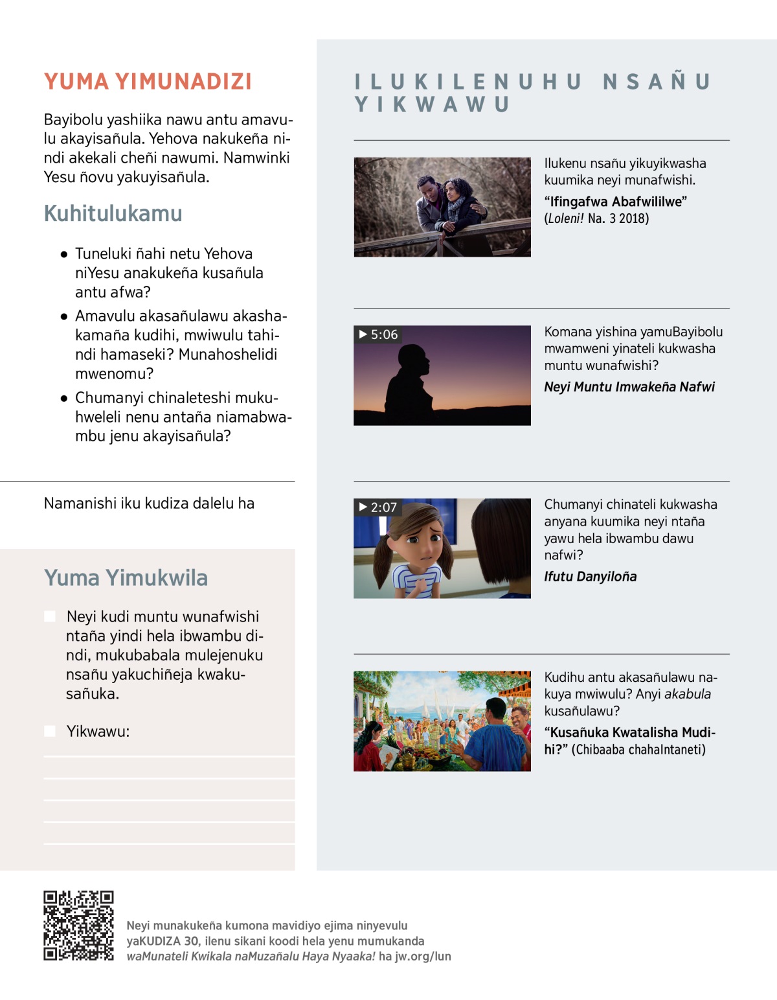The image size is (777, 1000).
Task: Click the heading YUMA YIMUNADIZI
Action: click(148, 82)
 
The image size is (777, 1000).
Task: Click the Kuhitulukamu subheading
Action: click(113, 213)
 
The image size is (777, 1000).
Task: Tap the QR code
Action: click(78, 925)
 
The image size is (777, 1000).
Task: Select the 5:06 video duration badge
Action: click(379, 334)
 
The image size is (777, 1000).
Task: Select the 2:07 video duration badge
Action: click(378, 507)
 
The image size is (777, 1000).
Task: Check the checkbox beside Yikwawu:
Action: click(50, 731)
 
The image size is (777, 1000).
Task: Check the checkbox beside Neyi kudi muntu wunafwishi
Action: click(50, 616)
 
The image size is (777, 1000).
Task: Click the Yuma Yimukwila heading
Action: click(126, 577)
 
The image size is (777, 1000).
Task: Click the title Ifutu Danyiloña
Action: click(590, 576)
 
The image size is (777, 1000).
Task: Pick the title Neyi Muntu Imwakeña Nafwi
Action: click(629, 387)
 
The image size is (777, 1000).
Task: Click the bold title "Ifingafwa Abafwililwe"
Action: click(615, 202)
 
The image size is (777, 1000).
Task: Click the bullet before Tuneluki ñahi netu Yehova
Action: click(63, 254)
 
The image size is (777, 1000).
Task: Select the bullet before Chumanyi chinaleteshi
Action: click(63, 398)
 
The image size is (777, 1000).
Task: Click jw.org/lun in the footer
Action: click(423, 956)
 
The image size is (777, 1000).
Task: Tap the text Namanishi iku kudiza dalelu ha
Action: click(149, 504)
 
